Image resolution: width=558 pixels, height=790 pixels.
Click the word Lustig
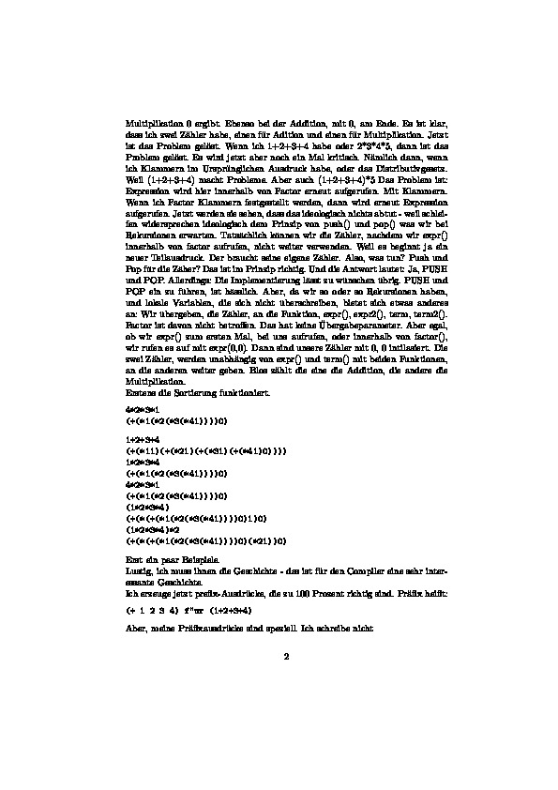point(138,569)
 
